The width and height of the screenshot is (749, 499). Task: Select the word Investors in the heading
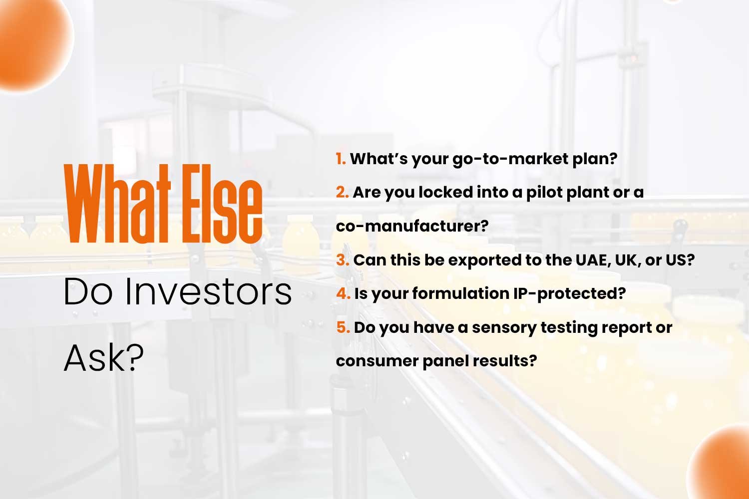coord(208,291)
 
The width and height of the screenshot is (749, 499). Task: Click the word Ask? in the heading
coord(104,358)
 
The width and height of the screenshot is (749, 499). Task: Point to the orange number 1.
coord(341,158)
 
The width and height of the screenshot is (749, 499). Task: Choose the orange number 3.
coord(343,260)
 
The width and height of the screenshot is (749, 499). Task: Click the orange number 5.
coord(343,327)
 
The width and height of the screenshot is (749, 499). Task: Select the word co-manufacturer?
coord(412,226)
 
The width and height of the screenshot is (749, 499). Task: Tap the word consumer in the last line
coord(377,361)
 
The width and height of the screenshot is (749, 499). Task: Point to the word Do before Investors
coord(87,291)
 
